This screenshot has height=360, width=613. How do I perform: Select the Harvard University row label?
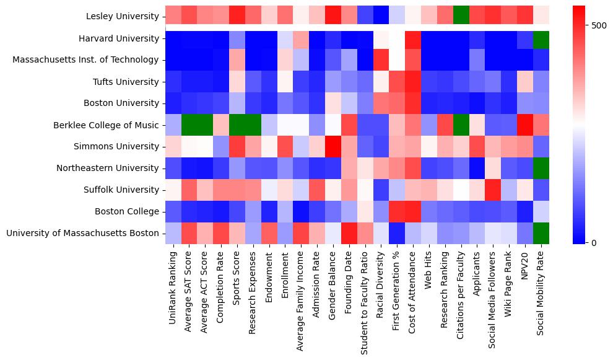tap(118, 38)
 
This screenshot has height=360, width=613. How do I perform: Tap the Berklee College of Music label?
tap(107, 125)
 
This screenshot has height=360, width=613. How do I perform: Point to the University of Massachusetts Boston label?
tap(83, 233)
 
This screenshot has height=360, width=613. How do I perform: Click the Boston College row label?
tap(127, 211)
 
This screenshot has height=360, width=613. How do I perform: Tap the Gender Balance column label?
tap(333, 285)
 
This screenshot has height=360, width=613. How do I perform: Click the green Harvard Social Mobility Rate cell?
tap(541, 38)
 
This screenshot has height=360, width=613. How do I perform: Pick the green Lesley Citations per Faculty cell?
tap(461, 17)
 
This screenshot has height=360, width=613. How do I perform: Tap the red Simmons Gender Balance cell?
tap(333, 146)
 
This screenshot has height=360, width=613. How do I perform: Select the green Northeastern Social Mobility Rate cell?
tap(541, 168)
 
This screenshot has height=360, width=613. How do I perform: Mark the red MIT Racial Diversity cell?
tap(381, 60)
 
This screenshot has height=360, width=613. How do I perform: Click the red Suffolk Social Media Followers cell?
tap(493, 190)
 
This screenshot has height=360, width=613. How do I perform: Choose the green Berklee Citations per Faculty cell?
tap(461, 125)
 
